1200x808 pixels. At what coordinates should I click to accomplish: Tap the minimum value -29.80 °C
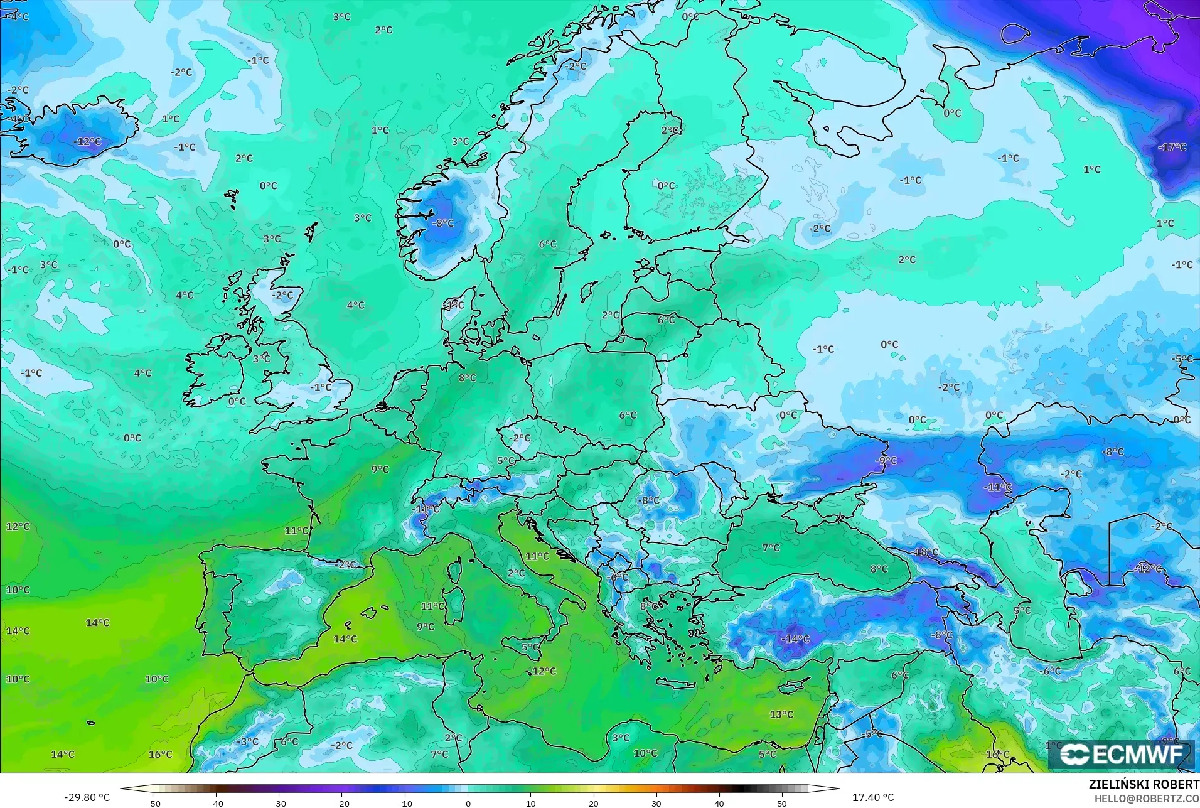pos(87,797)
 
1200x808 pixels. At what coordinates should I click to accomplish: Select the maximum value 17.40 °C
pos(872,797)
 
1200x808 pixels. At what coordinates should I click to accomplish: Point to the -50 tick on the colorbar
pos(153,803)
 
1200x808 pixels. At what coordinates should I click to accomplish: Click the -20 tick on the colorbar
pos(342,803)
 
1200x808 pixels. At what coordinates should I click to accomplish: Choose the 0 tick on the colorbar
pos(468,803)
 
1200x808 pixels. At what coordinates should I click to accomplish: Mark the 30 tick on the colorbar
pos(656,803)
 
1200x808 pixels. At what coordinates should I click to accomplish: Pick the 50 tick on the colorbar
pos(782,803)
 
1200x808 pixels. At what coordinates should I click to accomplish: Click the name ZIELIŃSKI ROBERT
pos(1144,785)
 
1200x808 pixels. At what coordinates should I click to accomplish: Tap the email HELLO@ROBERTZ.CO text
pos(1147,799)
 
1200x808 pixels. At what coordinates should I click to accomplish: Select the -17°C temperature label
pos(1172,148)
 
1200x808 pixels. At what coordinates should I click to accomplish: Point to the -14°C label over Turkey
pos(795,639)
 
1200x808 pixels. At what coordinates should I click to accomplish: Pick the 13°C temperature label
pos(781,714)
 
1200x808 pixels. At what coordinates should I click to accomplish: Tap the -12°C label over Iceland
pos(87,142)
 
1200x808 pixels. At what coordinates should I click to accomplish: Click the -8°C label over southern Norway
pos(443,223)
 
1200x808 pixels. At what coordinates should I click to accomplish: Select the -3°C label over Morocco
pos(247,741)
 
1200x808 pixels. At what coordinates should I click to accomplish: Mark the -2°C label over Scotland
pos(282,295)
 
